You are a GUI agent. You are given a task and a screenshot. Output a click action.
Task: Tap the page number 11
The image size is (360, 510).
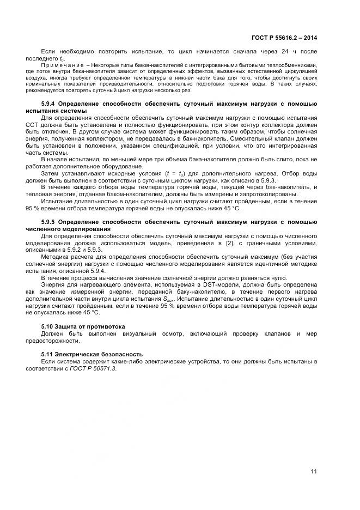pyautogui.click(x=314, y=471)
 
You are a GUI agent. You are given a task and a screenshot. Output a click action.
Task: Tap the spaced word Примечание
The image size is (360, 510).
pyautogui.click(x=58, y=65)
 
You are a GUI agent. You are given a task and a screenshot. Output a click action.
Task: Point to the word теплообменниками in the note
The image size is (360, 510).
pyautogui.click(x=294, y=65)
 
